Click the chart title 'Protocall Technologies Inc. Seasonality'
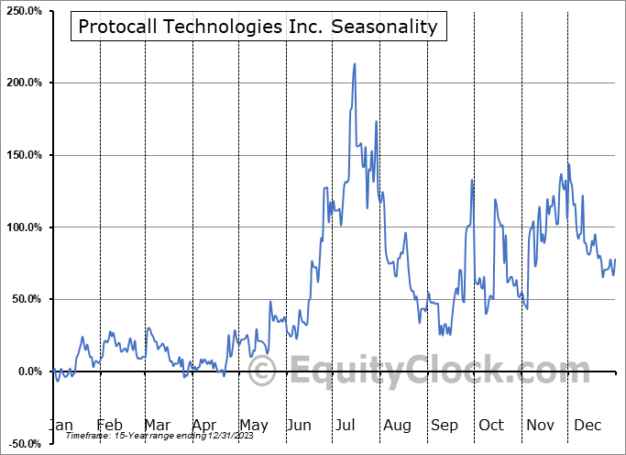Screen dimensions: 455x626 click(x=258, y=27)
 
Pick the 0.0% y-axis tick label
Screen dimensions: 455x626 click(x=27, y=372)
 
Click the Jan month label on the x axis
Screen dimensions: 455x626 click(x=60, y=426)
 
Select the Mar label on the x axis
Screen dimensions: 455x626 click(x=158, y=426)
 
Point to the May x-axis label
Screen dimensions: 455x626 click(x=253, y=426)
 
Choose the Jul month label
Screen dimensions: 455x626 click(x=346, y=426)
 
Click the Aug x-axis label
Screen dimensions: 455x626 click(x=398, y=426)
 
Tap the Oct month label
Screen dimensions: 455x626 click(x=491, y=426)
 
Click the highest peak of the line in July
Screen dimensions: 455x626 click(x=355, y=64)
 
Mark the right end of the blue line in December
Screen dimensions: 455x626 click(x=615, y=260)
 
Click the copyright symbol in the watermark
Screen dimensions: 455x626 click(x=263, y=371)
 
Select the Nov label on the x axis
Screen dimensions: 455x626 click(x=541, y=426)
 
